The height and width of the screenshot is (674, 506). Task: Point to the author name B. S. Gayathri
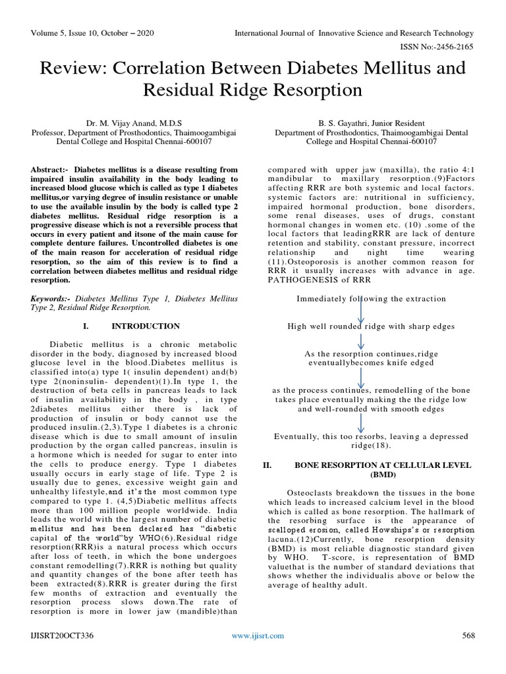370,122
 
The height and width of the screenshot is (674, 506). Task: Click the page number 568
467,635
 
